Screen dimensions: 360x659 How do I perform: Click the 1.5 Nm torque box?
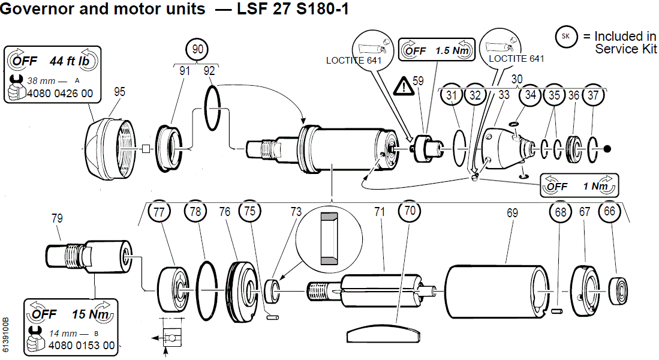click(436, 50)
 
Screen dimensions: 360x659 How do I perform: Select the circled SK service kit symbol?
click(565, 37)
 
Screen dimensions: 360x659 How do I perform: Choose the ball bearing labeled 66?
click(620, 292)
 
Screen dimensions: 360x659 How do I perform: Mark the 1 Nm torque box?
click(579, 187)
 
